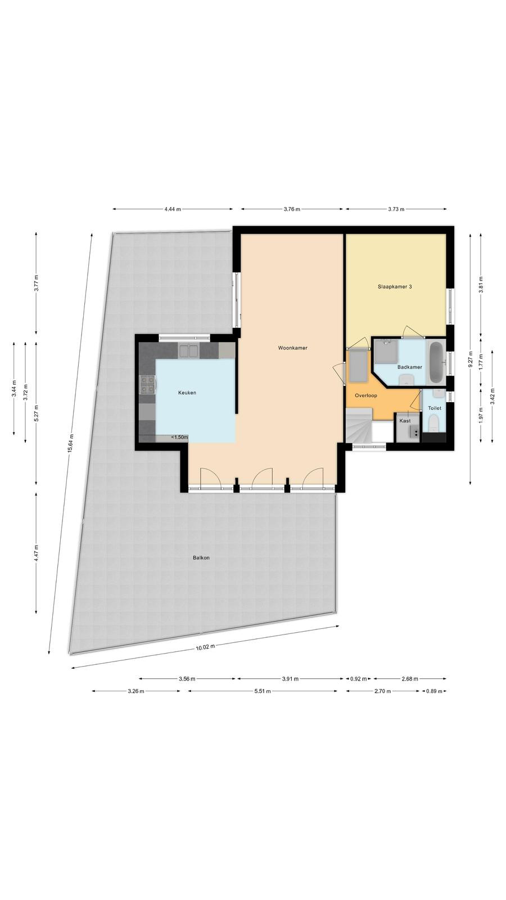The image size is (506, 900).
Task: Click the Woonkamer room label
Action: point(293,348)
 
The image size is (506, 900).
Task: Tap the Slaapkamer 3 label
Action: point(395,287)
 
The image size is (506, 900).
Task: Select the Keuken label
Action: point(187,393)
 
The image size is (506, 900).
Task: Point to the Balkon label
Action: point(201,557)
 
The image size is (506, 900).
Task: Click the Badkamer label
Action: point(410,367)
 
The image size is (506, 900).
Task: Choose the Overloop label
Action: point(366,395)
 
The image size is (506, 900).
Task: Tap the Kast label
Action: point(405,421)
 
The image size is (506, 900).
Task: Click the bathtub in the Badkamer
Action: point(436,362)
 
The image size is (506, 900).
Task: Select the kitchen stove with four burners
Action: point(147,385)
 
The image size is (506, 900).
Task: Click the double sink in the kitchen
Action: point(188,351)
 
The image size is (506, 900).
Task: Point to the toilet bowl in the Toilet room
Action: point(433,423)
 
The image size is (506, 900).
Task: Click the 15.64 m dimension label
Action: point(71,444)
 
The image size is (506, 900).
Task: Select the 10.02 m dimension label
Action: point(205,647)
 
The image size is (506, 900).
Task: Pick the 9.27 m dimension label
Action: point(470,358)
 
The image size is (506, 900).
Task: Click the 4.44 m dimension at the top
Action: point(173,209)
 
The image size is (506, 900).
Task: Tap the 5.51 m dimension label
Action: point(262,691)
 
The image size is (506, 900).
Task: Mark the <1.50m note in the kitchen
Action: point(179,437)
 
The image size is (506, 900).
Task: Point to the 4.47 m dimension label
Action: point(36,553)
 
